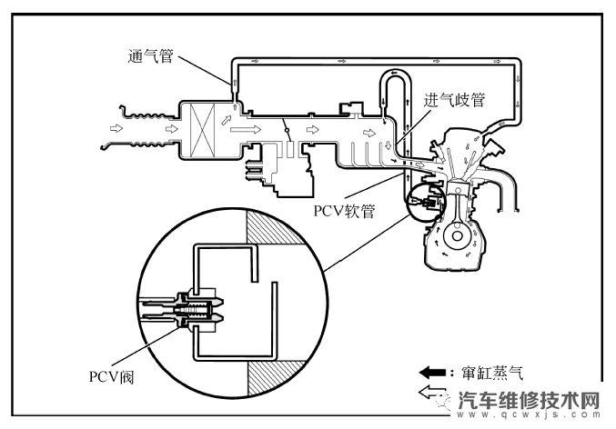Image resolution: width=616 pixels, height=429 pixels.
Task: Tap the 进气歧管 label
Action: pyautogui.click(x=454, y=101)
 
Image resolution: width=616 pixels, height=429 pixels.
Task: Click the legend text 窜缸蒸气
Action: pyautogui.click(x=492, y=372)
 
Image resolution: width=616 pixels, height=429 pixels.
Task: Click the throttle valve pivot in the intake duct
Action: pyautogui.click(x=288, y=133)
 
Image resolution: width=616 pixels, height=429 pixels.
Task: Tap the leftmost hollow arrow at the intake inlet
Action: pyautogui.click(x=115, y=130)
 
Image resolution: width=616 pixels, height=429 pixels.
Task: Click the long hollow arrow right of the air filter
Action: pyautogui.click(x=244, y=130)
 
